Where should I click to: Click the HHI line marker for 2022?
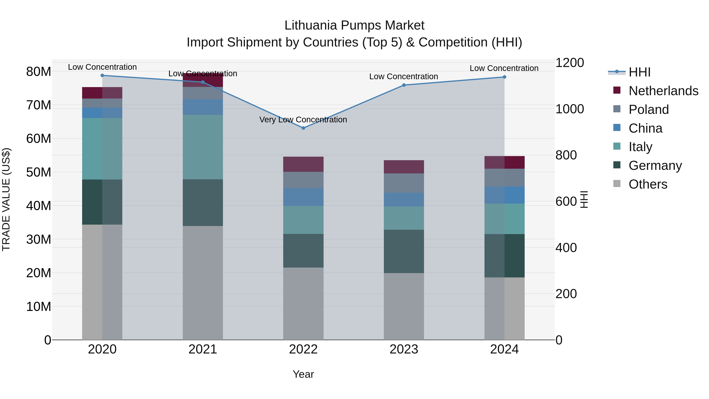(303, 128)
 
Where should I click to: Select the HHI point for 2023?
(404, 85)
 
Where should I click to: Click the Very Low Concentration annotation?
(303, 120)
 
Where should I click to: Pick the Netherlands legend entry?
(663, 91)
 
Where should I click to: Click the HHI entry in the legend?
(639, 72)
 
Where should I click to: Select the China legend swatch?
(617, 128)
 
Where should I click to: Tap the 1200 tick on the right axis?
(569, 63)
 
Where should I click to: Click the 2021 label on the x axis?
(203, 349)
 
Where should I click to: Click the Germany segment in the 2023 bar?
(404, 251)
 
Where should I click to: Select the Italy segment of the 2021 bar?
(203, 147)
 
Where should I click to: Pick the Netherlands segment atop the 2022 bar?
(303, 164)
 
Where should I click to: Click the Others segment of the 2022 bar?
(303, 303)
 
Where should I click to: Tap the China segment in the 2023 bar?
(404, 200)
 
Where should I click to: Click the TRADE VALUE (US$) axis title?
(6, 199)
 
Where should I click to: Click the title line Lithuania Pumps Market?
(354, 25)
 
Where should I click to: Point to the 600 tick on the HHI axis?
(566, 202)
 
